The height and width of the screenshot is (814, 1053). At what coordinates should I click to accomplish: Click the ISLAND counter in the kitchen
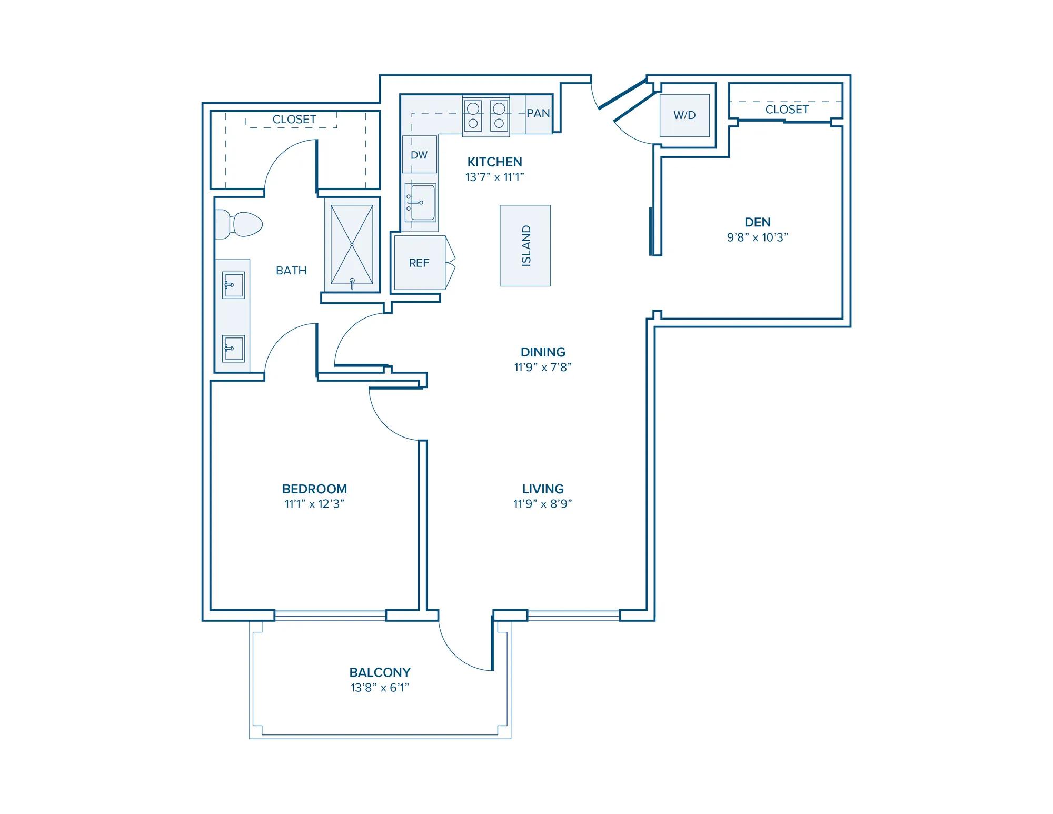pyautogui.click(x=525, y=245)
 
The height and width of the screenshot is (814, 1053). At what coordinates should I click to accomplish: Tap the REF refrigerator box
pyautogui.click(x=420, y=263)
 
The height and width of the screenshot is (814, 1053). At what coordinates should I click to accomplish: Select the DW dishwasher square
pyautogui.click(x=420, y=154)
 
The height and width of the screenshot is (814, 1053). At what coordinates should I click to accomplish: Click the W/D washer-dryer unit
pyautogui.click(x=684, y=115)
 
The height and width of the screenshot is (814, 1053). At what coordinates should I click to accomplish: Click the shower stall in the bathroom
pyautogui.click(x=352, y=245)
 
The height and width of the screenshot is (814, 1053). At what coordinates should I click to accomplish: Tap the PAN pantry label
pyautogui.click(x=538, y=113)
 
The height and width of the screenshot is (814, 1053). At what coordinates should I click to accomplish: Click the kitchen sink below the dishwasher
pyautogui.click(x=421, y=203)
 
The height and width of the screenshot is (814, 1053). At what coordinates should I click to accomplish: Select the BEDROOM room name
pyautogui.click(x=314, y=489)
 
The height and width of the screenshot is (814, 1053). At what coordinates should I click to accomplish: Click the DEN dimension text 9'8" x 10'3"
pyautogui.click(x=758, y=237)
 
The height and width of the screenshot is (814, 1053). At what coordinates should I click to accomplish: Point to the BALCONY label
pyautogui.click(x=380, y=672)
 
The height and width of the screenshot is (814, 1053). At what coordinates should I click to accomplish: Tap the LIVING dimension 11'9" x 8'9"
pyautogui.click(x=543, y=504)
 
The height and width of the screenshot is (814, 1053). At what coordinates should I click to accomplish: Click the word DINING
pyautogui.click(x=543, y=352)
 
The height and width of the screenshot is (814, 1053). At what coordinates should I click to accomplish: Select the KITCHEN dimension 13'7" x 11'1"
pyautogui.click(x=494, y=177)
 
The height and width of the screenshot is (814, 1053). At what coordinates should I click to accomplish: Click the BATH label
pyautogui.click(x=291, y=271)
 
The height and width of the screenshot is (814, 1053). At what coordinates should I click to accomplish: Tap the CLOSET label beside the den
pyautogui.click(x=787, y=110)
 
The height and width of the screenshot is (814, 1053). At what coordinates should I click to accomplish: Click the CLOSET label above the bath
pyautogui.click(x=294, y=120)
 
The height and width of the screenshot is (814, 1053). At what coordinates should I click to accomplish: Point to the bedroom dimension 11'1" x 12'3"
pyautogui.click(x=314, y=504)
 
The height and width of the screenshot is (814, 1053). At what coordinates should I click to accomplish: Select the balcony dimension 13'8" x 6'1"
pyautogui.click(x=380, y=688)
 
